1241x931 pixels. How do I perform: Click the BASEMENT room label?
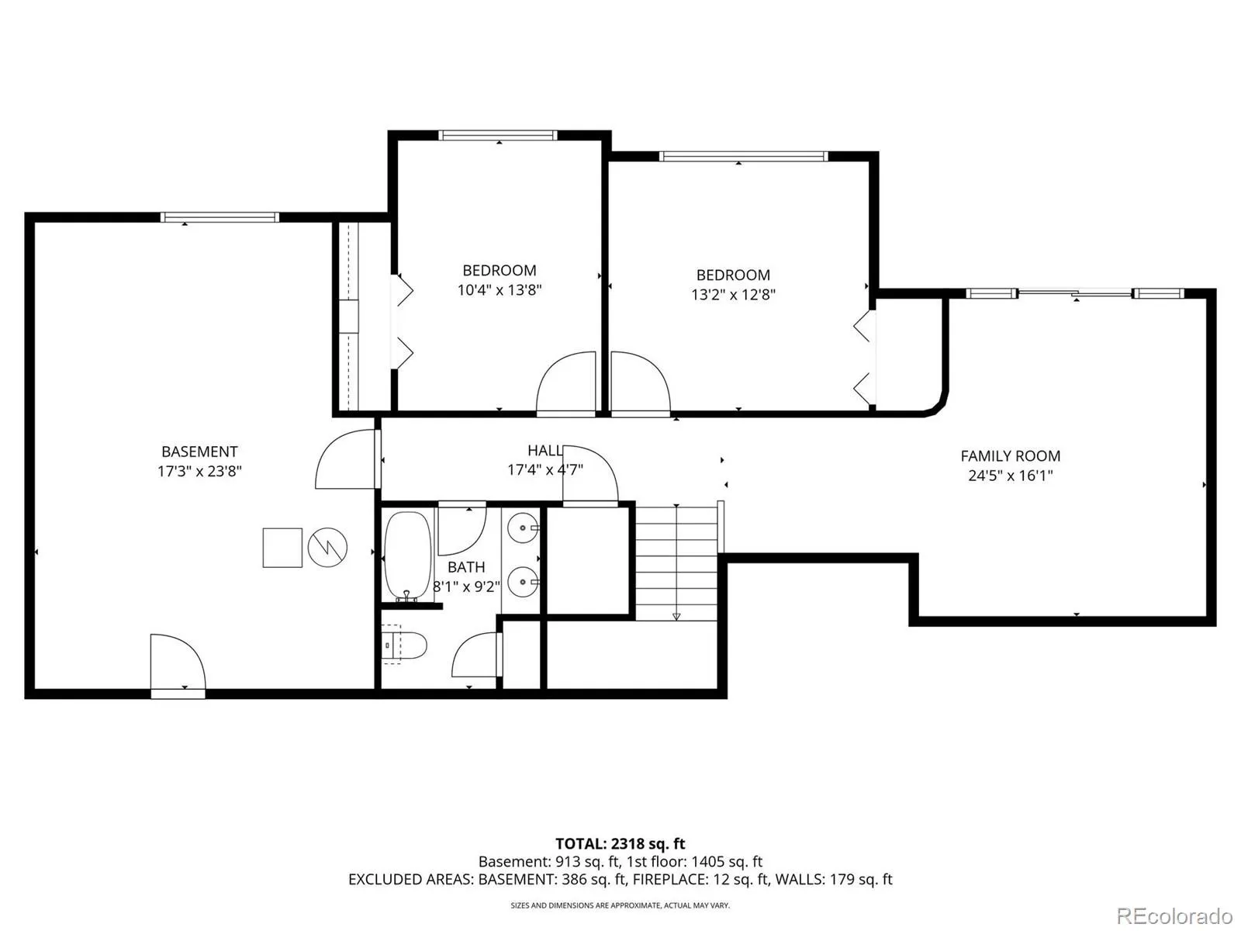pyautogui.click(x=199, y=452)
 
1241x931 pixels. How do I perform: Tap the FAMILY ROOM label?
pyautogui.click(x=1010, y=455)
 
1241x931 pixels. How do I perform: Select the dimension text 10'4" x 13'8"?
pyautogui.click(x=500, y=290)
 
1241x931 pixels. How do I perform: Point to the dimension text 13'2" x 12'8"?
pyautogui.click(x=733, y=295)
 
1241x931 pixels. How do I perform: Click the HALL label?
pyautogui.click(x=545, y=451)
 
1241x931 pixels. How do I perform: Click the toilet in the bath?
pyautogui.click(x=403, y=645)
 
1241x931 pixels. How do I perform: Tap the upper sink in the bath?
pyautogui.click(x=523, y=528)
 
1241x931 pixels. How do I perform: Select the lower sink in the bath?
pyautogui.click(x=523, y=582)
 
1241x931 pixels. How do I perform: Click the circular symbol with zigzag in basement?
pyautogui.click(x=327, y=547)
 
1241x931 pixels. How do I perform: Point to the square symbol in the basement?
pyautogui.click(x=282, y=547)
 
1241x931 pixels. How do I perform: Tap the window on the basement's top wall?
pyautogui.click(x=220, y=217)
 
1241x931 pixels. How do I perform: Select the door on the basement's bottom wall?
pyautogui.click(x=178, y=665)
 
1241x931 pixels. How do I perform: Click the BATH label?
pyautogui.click(x=466, y=567)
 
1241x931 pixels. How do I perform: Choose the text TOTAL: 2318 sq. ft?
pyautogui.click(x=620, y=844)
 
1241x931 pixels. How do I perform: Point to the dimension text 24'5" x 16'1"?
pyautogui.click(x=1010, y=476)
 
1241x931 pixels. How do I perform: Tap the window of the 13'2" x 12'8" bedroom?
pyautogui.click(x=743, y=156)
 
